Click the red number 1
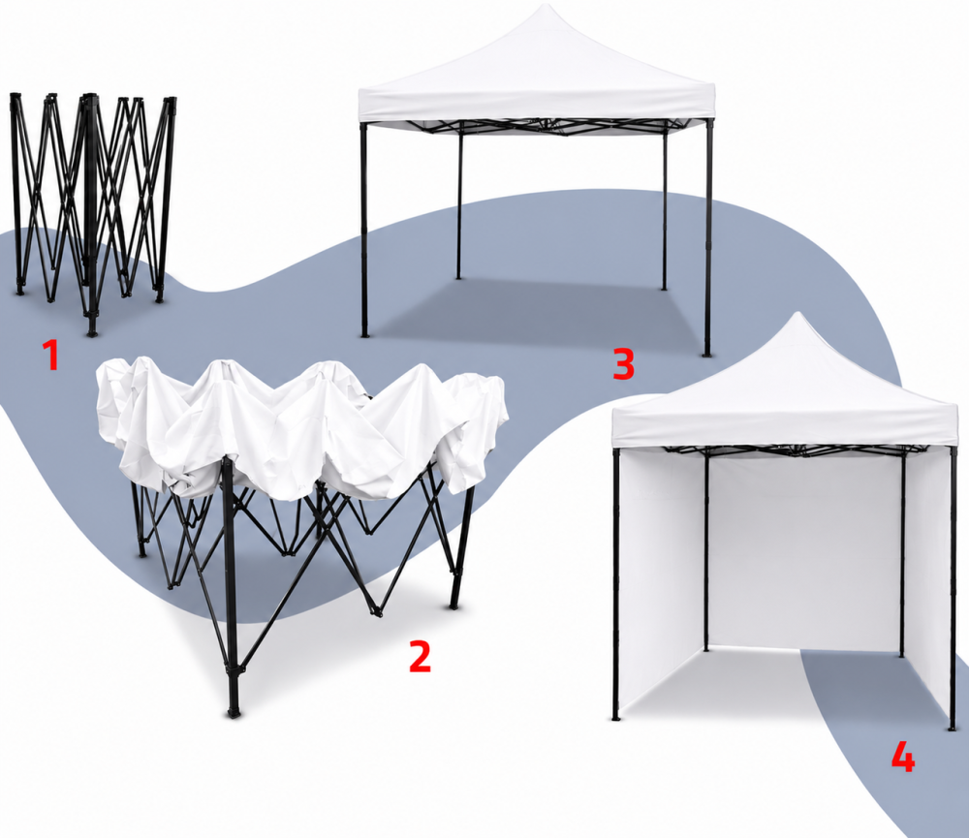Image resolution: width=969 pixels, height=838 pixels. point(50,356)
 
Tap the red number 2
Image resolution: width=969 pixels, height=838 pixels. point(421,656)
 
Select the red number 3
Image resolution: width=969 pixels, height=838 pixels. point(623,363)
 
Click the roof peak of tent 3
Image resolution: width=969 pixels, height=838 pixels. point(546,5)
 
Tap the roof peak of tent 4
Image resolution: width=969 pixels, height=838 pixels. point(798,314)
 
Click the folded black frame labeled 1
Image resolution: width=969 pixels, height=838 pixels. point(93,210)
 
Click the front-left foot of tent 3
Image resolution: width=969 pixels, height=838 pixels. point(365,334)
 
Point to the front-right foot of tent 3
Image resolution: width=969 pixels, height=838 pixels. point(707,355)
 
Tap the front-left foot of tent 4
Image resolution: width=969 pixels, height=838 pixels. point(615,718)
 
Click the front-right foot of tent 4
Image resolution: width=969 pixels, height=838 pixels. point(952,728)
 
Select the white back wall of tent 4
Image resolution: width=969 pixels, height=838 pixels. point(803,550)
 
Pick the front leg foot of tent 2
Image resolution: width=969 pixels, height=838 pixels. point(233,712)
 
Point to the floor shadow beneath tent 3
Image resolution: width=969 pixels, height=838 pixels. point(531,309)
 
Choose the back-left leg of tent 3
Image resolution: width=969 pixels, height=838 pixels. point(459,201)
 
